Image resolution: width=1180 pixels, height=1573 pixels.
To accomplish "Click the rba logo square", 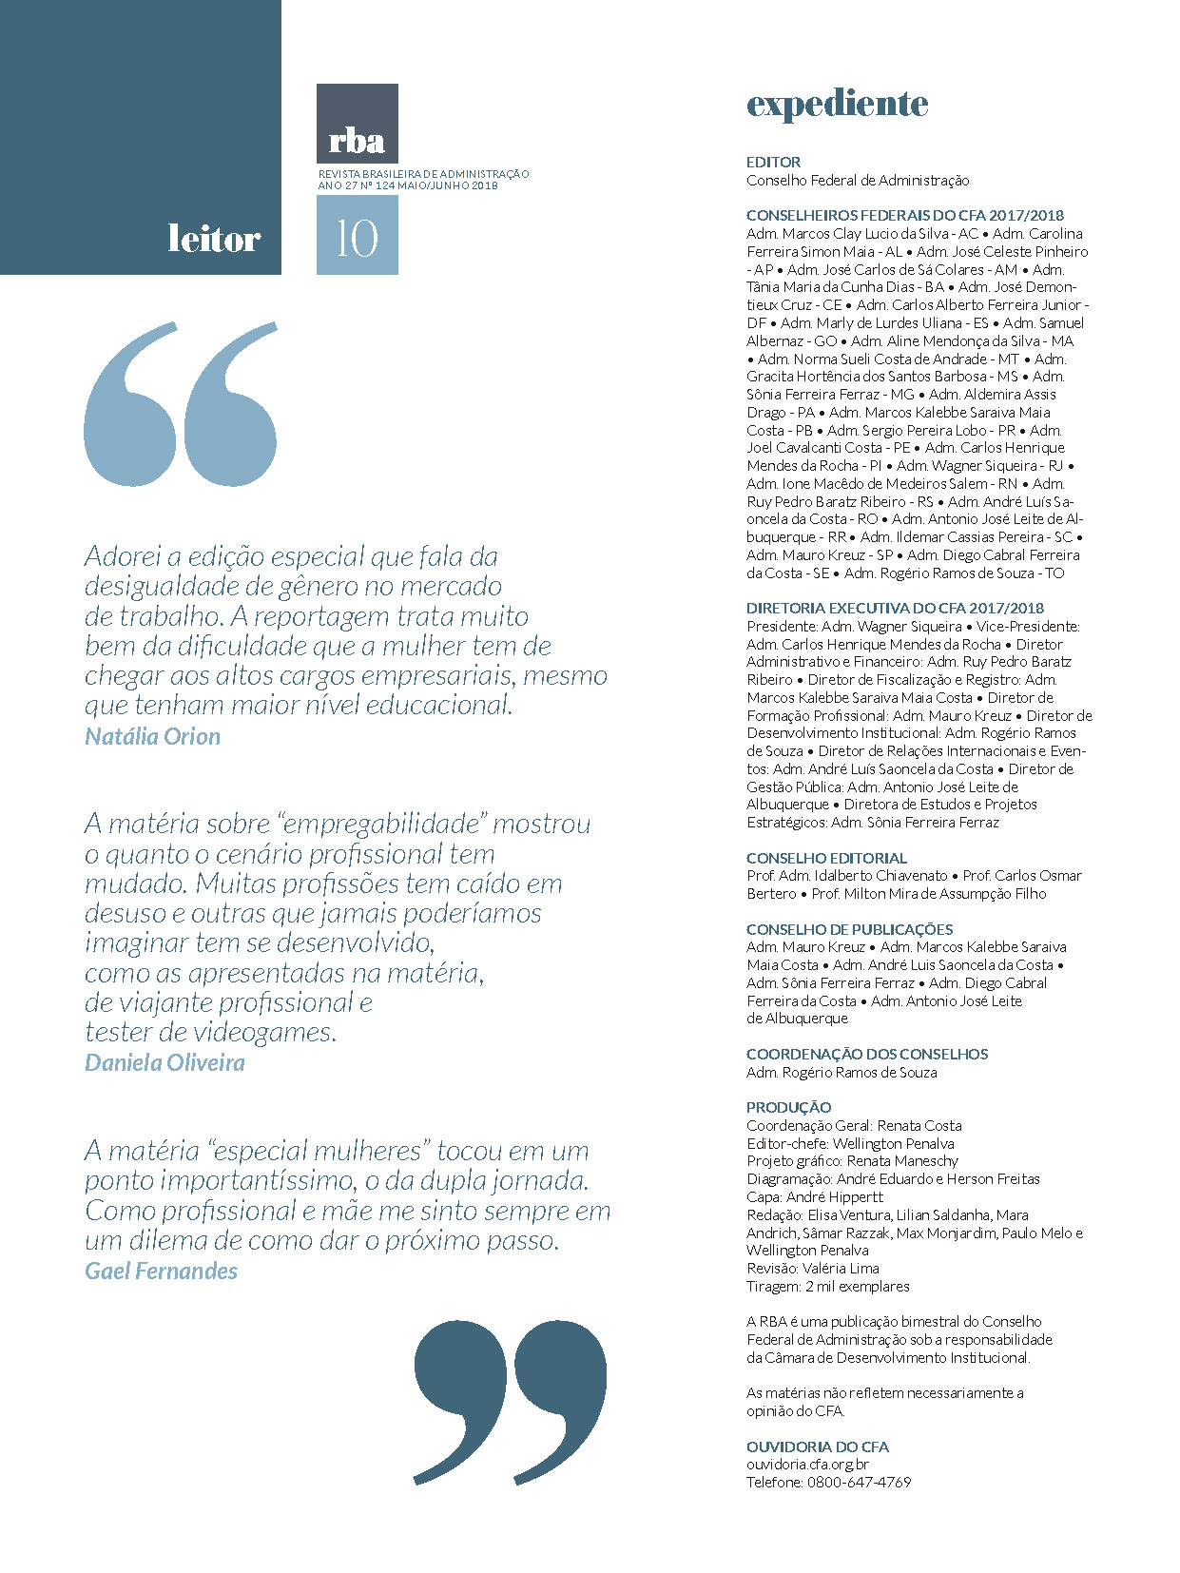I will pyautogui.click(x=357, y=124).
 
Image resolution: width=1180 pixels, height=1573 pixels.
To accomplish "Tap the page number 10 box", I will pyautogui.click(x=357, y=236).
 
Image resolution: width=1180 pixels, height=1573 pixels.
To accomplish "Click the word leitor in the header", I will pyautogui.click(x=213, y=238).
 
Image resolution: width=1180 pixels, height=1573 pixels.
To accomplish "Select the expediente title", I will pyautogui.click(x=837, y=104).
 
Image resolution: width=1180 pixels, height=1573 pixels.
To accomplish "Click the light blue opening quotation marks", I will pyautogui.click(x=181, y=404).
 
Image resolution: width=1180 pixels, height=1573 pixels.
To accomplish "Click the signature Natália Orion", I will pyautogui.click(x=152, y=736).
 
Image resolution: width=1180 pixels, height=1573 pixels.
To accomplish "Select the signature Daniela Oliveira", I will pyautogui.click(x=164, y=1062).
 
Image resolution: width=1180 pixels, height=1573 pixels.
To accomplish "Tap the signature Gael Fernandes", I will pyautogui.click(x=161, y=1271).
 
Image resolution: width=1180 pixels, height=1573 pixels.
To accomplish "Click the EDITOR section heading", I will pyautogui.click(x=773, y=162).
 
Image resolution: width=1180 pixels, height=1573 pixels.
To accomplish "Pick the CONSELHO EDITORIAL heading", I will pyautogui.click(x=826, y=858).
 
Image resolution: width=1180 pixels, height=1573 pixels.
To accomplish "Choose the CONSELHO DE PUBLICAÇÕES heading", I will pyautogui.click(x=849, y=929).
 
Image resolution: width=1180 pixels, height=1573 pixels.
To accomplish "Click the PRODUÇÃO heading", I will pyautogui.click(x=788, y=1107).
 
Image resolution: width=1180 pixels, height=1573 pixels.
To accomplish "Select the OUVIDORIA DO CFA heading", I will pyautogui.click(x=817, y=1447).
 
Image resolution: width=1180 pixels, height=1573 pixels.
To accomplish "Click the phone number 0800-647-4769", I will pyautogui.click(x=859, y=1482).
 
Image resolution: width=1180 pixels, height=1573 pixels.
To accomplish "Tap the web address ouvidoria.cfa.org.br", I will pyautogui.click(x=807, y=1465).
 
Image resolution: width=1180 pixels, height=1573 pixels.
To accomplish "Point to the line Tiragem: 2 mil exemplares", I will pyautogui.click(x=827, y=1286).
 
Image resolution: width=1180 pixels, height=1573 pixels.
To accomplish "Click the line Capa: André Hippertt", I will pyautogui.click(x=814, y=1196).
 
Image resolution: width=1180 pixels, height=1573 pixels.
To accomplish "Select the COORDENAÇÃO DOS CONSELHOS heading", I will pyautogui.click(x=866, y=1054).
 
